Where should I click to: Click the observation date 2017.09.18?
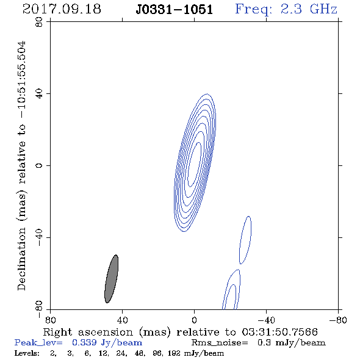click(x=62, y=9)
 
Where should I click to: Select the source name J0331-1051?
click(x=174, y=10)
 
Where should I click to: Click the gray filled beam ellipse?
click(x=111, y=279)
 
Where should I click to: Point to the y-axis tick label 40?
click(x=39, y=94)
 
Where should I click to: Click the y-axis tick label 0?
click(x=39, y=165)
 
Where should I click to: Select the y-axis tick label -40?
click(x=39, y=237)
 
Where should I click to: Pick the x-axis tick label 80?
click(x=50, y=320)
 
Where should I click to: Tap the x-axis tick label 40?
click(x=122, y=320)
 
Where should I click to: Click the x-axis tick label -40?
click(x=266, y=320)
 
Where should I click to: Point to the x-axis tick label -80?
click(x=338, y=320)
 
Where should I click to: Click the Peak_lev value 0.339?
click(x=84, y=342)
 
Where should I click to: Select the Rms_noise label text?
click(x=220, y=343)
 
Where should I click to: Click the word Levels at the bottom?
click(x=27, y=353)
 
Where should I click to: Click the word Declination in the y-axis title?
click(x=21, y=259)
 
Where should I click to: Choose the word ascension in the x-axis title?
click(x=106, y=332)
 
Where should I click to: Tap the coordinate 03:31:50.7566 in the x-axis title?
click(x=280, y=332)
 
